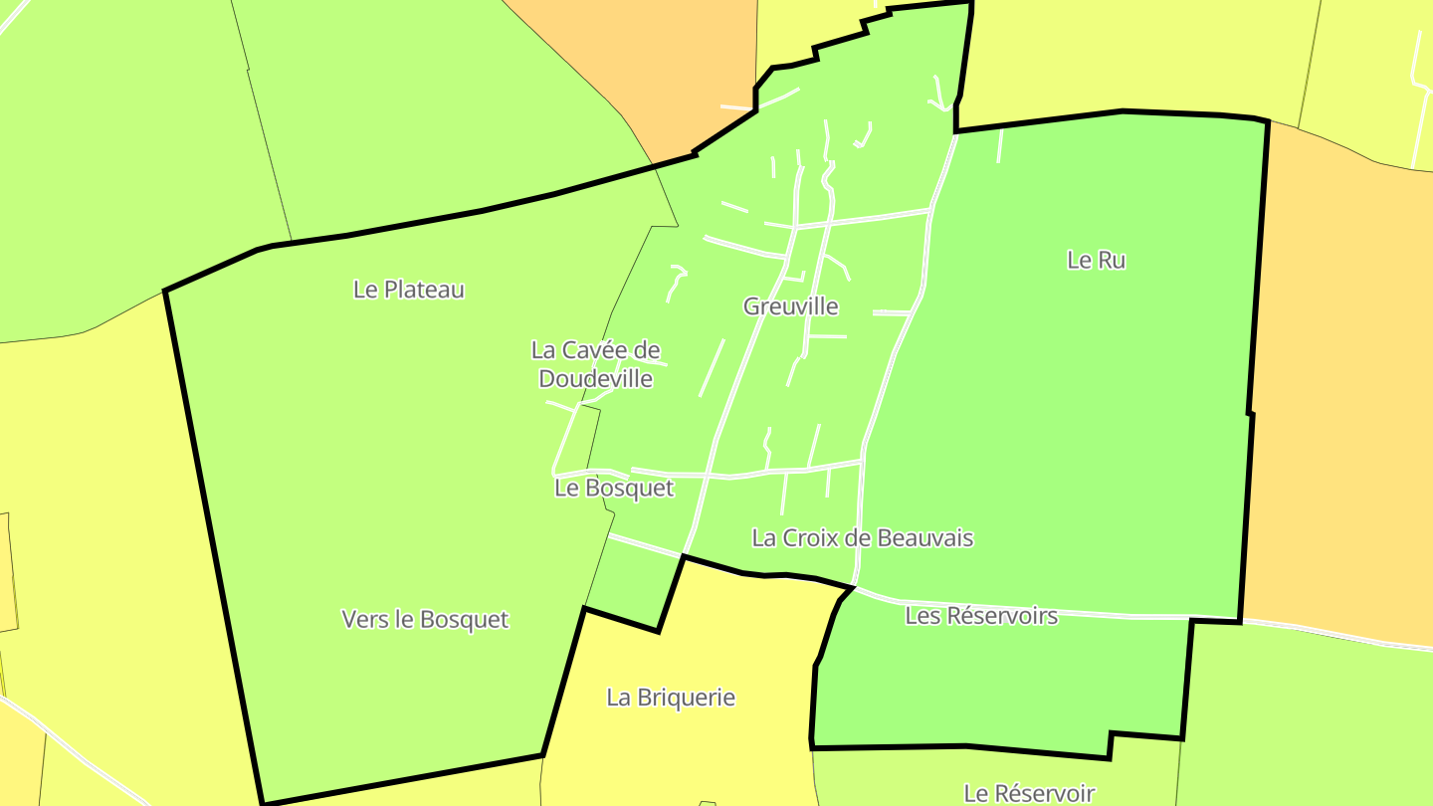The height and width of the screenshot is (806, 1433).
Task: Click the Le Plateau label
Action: point(409,290)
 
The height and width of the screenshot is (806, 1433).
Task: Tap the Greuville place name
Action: point(791,306)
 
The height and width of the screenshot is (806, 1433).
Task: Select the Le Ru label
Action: point(1096,260)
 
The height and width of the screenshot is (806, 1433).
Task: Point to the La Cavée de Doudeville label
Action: point(595,364)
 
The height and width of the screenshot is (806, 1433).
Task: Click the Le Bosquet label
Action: point(614,489)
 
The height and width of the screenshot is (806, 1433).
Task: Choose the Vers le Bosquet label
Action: point(425,619)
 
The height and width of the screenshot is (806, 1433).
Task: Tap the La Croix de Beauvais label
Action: point(862,538)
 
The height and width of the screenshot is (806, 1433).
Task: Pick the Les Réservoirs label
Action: point(981,616)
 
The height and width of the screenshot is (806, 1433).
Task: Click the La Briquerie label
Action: point(671,698)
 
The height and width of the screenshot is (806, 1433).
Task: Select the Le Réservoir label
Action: point(1029,793)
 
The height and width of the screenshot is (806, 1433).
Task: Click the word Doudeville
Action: point(595,379)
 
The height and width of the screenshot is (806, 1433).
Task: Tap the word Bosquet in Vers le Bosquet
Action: point(465,619)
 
